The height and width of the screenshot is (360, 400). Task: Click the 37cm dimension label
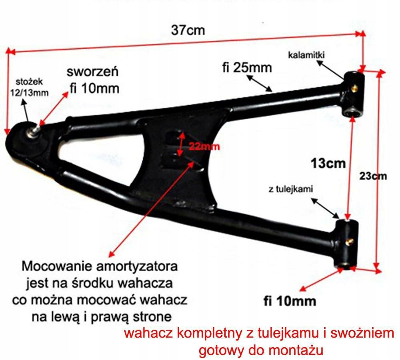coord(188,30)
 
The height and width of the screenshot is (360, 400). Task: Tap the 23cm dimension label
coord(374,176)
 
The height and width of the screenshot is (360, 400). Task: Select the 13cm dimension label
coord(328,163)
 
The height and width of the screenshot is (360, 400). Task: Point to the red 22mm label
coord(204,146)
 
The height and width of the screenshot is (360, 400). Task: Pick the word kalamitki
coord(306,55)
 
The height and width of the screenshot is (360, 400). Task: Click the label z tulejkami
coord(291,189)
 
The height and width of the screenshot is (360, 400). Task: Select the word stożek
coord(30,83)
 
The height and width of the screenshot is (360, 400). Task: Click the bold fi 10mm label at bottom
coord(290,300)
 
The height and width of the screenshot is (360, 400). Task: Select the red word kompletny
coord(204,333)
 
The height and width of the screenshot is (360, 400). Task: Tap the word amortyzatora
coord(134,266)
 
